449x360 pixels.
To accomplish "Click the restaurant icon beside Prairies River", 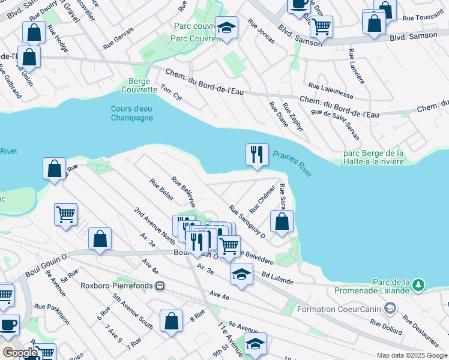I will pyautogui.click(x=257, y=155).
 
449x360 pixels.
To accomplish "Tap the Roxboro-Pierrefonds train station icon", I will pyautogui.click(x=160, y=286).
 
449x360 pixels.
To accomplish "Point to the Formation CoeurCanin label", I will pyautogui.click(x=339, y=310).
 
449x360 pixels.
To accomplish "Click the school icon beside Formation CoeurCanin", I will pyautogui.click(x=390, y=309).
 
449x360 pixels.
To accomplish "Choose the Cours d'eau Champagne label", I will pyautogui.click(x=132, y=113).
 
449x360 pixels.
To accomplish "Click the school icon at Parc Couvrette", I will pyautogui.click(x=226, y=28).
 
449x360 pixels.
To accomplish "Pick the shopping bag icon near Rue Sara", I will pyautogui.click(x=282, y=222).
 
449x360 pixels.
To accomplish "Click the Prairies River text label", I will pyautogui.click(x=293, y=164).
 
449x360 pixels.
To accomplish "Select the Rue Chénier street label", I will pyautogui.click(x=258, y=200).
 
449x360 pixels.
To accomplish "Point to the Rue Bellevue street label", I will pyautogui.click(x=184, y=192).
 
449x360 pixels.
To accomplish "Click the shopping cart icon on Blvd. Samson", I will pyautogui.click(x=321, y=26).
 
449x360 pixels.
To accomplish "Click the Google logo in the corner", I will pyautogui.click(x=19, y=353).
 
